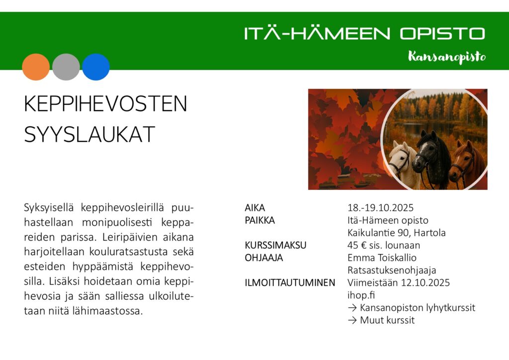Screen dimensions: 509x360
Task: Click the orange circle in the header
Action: click(x=36, y=67)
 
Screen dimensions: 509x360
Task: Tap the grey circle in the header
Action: click(x=66, y=67)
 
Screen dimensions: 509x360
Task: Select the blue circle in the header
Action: click(x=96, y=67)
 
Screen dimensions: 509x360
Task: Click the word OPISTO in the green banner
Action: click(x=442, y=33)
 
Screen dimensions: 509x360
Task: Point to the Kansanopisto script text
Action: click(x=447, y=57)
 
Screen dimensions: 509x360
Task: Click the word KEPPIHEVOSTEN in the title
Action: click(x=105, y=104)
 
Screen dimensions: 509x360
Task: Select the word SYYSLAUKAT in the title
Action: click(x=89, y=134)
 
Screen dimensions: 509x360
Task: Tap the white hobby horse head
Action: click(x=402, y=161)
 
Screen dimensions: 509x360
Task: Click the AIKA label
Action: click(x=255, y=208)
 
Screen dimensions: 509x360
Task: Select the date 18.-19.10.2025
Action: click(x=380, y=208)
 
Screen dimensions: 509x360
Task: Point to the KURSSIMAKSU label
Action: click(x=275, y=245)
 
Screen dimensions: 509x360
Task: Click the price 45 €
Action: click(x=357, y=245)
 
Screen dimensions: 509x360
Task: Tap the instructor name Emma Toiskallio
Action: click(x=382, y=258)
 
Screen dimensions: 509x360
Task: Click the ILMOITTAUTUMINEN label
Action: click(x=290, y=283)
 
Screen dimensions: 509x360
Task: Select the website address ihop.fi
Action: click(x=361, y=295)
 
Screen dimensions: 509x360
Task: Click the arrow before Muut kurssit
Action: click(x=352, y=320)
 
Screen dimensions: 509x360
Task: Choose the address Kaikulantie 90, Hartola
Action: click(x=397, y=233)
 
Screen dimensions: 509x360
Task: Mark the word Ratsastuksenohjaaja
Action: click(x=392, y=270)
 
